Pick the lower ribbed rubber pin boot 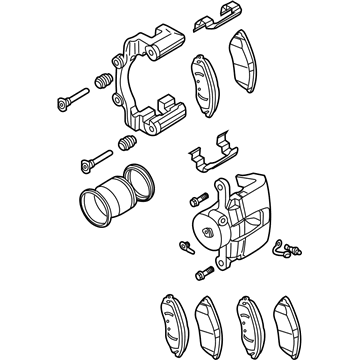coord(126,145)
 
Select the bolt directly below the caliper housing coord(204,271)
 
